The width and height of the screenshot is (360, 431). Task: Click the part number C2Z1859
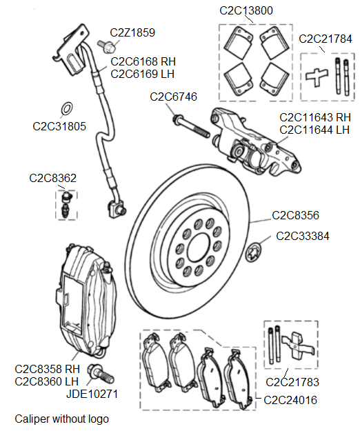pos(132,32)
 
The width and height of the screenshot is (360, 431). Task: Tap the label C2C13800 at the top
pos(246,10)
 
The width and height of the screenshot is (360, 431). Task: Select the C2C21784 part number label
pos(326,38)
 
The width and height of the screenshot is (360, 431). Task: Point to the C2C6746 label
pos(173,97)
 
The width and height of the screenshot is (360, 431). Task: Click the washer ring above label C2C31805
pos(68,109)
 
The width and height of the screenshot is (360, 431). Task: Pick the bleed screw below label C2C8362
pos(66,205)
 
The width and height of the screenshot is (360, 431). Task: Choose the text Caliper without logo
pos(61,419)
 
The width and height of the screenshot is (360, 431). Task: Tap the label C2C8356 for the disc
pos(295,215)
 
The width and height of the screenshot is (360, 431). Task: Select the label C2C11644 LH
pos(314,128)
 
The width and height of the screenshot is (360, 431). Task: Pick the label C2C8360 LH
pos(50,381)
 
